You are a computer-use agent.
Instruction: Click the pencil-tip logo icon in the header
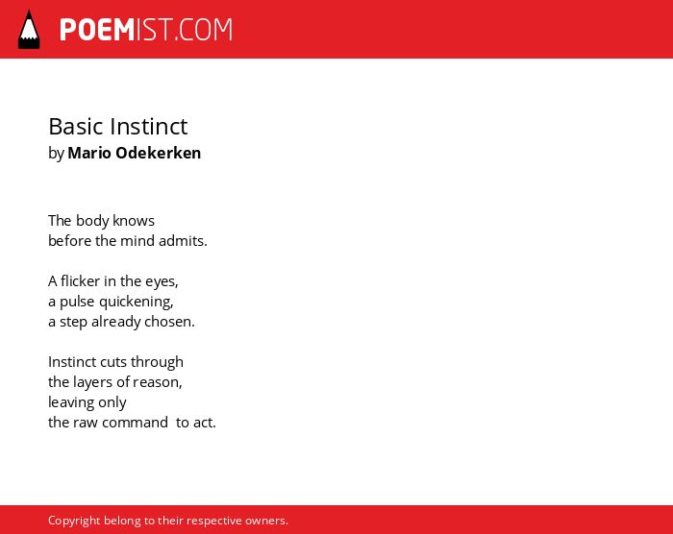pos(29,30)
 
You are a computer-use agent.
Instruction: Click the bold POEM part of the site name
pos(97,30)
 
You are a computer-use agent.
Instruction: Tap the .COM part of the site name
pos(204,30)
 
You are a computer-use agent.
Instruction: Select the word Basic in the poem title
pos(76,127)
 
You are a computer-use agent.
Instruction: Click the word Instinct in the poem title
pos(148,127)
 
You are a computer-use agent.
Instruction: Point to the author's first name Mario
pos(89,153)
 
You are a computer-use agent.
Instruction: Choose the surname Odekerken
pos(159,153)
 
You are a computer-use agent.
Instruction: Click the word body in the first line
pos(92,221)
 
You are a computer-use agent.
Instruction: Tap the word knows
pos(134,221)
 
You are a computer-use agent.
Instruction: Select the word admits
pos(183,241)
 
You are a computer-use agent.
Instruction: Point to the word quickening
pos(137,302)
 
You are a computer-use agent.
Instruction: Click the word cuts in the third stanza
pos(113,362)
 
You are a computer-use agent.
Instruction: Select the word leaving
pos(71,402)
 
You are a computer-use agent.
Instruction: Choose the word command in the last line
pos(136,423)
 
